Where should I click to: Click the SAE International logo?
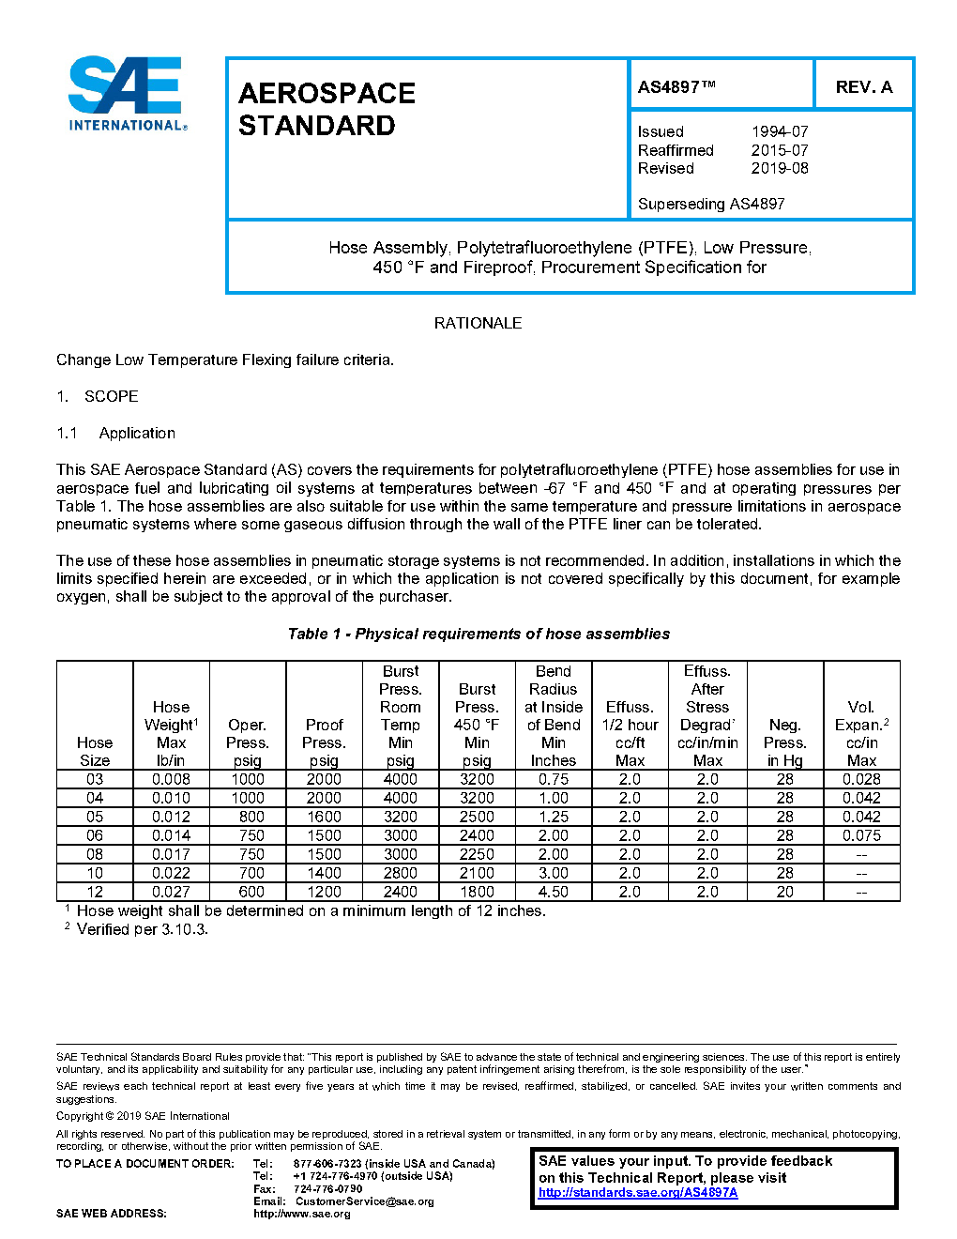[x=127, y=94]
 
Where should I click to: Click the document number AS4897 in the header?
[x=676, y=87]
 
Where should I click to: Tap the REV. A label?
[x=863, y=87]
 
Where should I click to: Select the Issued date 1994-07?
[x=779, y=132]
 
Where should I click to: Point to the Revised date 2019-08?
[x=779, y=169]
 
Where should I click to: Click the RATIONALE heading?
[x=478, y=323]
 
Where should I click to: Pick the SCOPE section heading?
[x=111, y=396]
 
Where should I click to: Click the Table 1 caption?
[x=478, y=635]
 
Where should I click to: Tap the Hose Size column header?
[x=95, y=751]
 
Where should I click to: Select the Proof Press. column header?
[x=324, y=742]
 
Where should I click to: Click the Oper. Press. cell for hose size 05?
[x=248, y=817]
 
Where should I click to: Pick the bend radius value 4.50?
[x=554, y=892]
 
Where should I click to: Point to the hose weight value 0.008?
[x=171, y=779]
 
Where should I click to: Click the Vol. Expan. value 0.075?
[x=861, y=835]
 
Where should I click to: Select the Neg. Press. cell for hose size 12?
[x=784, y=892]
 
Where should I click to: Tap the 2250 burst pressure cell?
[x=477, y=854]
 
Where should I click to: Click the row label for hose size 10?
[x=95, y=873]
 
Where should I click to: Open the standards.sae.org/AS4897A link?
[x=638, y=1193]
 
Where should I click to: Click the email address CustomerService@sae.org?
[x=364, y=1201]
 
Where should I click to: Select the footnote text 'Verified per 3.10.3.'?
[x=142, y=929]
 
